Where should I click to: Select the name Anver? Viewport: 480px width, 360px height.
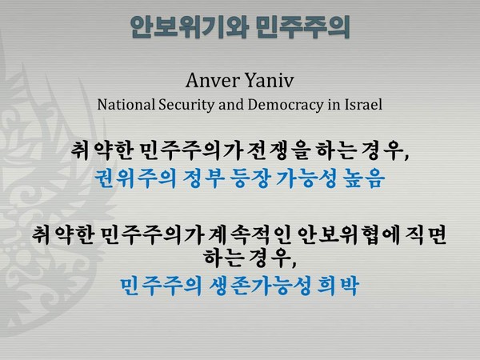pyautogui.click(x=209, y=80)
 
